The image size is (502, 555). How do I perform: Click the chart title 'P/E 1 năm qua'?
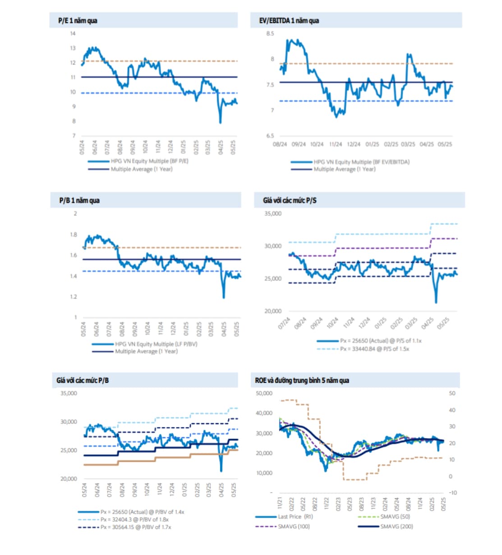pos(78,21)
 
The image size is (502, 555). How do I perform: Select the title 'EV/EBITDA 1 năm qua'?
pos(289,21)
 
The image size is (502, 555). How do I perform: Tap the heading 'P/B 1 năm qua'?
pos(79,201)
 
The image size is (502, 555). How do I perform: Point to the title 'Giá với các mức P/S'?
pos(290,201)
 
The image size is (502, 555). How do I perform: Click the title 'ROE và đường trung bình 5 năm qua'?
pos(302,380)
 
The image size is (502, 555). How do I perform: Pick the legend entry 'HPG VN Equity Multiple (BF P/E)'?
pos(149,161)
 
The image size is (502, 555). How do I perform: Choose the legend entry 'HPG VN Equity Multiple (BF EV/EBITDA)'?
pos(361,162)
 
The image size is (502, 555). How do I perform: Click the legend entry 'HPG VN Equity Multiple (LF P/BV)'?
pos(156,344)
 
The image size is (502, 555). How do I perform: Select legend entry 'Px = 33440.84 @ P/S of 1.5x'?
pos(374,349)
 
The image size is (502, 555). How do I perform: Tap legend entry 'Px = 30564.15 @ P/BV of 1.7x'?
pos(135,527)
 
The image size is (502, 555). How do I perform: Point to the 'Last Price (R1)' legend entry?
pos(295,516)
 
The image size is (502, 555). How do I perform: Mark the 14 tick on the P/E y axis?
pos(73,33)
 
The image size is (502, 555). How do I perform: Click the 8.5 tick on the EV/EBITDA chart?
pos(270,33)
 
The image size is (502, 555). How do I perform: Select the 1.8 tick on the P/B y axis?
pos(74,234)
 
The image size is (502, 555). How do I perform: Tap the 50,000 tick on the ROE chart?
pos(264,393)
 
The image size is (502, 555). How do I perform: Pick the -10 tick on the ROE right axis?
pos(452,493)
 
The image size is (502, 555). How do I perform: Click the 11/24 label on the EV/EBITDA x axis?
pos(335,144)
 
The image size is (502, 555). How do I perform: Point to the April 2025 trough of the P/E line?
pos(220,122)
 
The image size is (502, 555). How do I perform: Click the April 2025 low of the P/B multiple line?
pos(224,297)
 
